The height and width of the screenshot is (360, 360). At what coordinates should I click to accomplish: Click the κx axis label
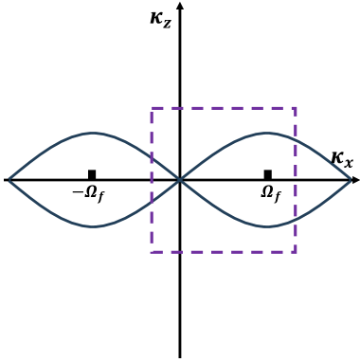[x=342, y=159]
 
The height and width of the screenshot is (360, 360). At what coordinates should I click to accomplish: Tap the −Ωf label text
[x=89, y=193]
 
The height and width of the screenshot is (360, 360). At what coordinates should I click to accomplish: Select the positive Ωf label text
[x=270, y=193]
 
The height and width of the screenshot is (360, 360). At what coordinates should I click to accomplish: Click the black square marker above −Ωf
[x=92, y=174]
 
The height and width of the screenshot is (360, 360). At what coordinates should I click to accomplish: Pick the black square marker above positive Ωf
[x=268, y=174]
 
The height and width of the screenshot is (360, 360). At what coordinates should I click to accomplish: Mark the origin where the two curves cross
[x=180, y=179]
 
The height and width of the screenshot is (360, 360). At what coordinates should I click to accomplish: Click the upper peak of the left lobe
[x=92, y=133]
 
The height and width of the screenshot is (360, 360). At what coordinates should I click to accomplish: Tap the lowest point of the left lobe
[x=92, y=226]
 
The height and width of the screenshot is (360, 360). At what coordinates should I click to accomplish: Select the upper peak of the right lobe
[x=268, y=133]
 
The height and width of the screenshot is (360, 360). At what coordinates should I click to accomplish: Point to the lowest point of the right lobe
[x=268, y=226]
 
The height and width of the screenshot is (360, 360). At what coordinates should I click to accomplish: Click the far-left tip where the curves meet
[x=7, y=179]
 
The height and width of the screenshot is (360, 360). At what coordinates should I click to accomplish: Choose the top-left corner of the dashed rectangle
[x=152, y=109]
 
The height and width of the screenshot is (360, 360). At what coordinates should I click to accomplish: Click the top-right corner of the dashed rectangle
[x=296, y=109]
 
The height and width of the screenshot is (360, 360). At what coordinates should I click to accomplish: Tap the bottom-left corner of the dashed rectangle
[x=152, y=251]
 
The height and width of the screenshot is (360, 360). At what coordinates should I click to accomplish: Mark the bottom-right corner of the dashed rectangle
[x=296, y=251]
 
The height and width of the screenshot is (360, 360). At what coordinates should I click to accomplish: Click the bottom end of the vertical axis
[x=180, y=355]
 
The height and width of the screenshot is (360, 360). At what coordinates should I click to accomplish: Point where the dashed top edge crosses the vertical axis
[x=180, y=109]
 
